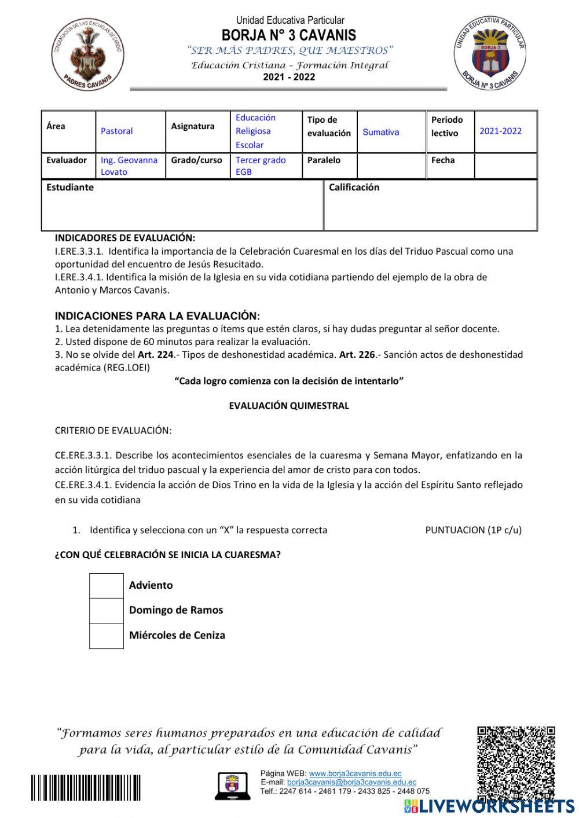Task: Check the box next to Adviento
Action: [x=107, y=585]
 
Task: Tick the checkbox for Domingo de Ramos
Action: [x=107, y=610]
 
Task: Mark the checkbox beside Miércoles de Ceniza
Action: [x=107, y=636]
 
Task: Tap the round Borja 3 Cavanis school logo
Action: [x=490, y=54]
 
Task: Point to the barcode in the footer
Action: [x=86, y=788]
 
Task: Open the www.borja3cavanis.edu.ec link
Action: [x=355, y=773]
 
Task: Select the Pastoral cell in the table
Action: [x=117, y=131]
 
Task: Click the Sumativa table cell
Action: [x=380, y=132]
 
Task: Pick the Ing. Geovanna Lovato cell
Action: [x=129, y=166]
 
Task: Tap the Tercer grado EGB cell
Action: [x=261, y=166]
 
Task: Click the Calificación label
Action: [x=354, y=188]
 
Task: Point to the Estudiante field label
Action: [x=70, y=188]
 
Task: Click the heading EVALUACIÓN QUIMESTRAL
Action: [x=289, y=406]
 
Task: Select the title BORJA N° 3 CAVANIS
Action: [x=289, y=35]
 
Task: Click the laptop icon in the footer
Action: [x=232, y=786]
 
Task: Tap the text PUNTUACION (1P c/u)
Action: [x=473, y=530]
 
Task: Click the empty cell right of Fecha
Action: [x=505, y=166]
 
